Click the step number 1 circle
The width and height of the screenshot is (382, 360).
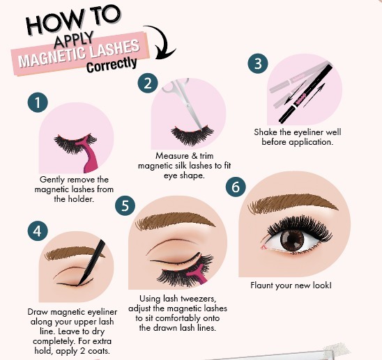(x=38, y=102)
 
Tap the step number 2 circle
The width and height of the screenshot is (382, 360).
(x=148, y=84)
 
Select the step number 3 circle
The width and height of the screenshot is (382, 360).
(x=259, y=65)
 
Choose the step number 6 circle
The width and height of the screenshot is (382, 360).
(x=236, y=187)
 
